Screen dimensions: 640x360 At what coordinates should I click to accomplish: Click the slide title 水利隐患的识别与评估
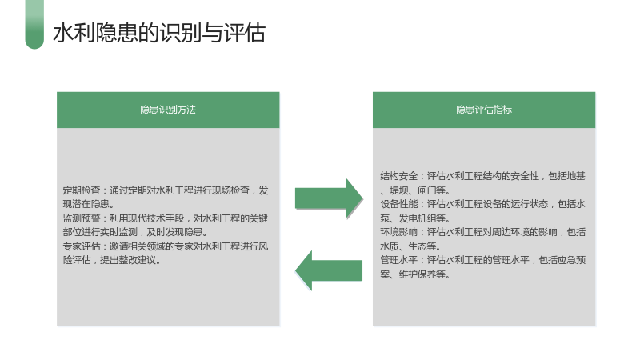159,33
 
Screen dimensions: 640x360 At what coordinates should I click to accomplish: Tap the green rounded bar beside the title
34,25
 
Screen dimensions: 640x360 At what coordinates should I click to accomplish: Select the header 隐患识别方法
168,110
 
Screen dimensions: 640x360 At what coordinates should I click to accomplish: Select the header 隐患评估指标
484,110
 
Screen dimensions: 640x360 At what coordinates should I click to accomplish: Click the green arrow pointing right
329,198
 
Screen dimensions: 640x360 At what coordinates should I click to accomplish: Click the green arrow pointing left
329,270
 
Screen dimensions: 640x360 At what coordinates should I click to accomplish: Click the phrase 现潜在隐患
86,204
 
